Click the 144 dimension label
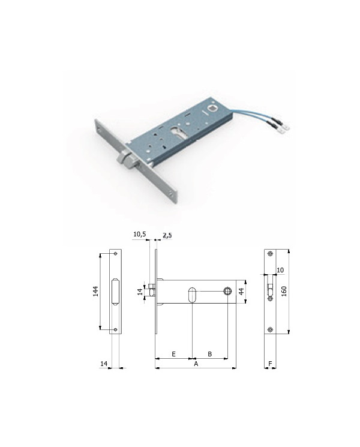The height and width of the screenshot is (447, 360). [96, 291]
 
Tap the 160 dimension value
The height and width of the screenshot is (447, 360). [284, 291]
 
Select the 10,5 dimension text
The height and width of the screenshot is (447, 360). [140, 234]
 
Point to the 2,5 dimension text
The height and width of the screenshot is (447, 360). [167, 235]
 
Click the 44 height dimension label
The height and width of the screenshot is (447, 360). [241, 292]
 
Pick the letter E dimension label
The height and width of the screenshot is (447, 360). [173, 354]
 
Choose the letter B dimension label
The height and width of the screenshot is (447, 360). [210, 354]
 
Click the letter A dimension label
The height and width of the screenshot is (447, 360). [196, 364]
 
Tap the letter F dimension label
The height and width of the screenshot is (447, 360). [270, 363]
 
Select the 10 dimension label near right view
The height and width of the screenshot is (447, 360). [280, 270]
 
